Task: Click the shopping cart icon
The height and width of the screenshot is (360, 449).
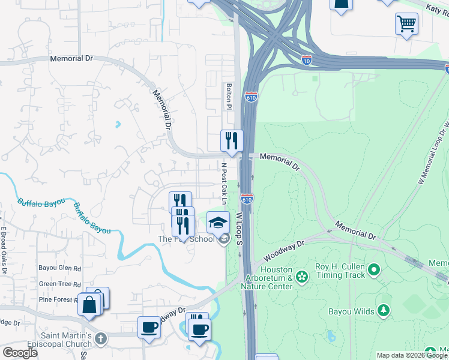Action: pyautogui.click(x=406, y=25)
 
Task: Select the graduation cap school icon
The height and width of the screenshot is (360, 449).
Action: pyautogui.click(x=218, y=223)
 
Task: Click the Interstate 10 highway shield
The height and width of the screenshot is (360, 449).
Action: pyautogui.click(x=306, y=59)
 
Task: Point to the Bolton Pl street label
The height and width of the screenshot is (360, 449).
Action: pyautogui.click(x=229, y=96)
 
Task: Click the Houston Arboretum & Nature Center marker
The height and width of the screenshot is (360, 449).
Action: pyautogui.click(x=302, y=277)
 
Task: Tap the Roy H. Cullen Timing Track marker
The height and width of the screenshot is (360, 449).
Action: pyautogui.click(x=375, y=271)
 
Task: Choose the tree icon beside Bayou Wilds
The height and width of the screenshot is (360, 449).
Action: pyautogui.click(x=382, y=310)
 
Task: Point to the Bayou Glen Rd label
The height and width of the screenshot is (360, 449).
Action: pyautogui.click(x=59, y=268)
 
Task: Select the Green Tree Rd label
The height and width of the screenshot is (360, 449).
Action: pyautogui.click(x=59, y=284)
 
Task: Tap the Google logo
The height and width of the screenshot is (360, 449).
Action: pyautogui.click(x=20, y=352)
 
